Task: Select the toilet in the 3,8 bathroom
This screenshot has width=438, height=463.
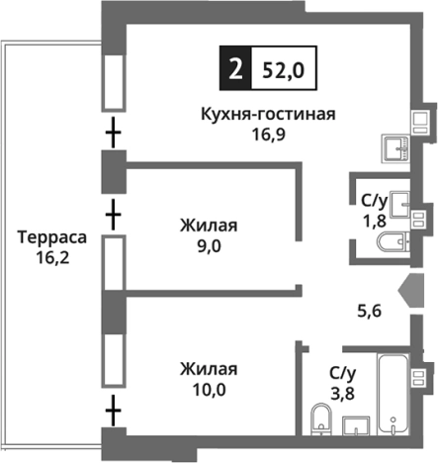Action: (320, 419)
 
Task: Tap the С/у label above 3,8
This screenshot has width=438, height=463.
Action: (342, 372)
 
